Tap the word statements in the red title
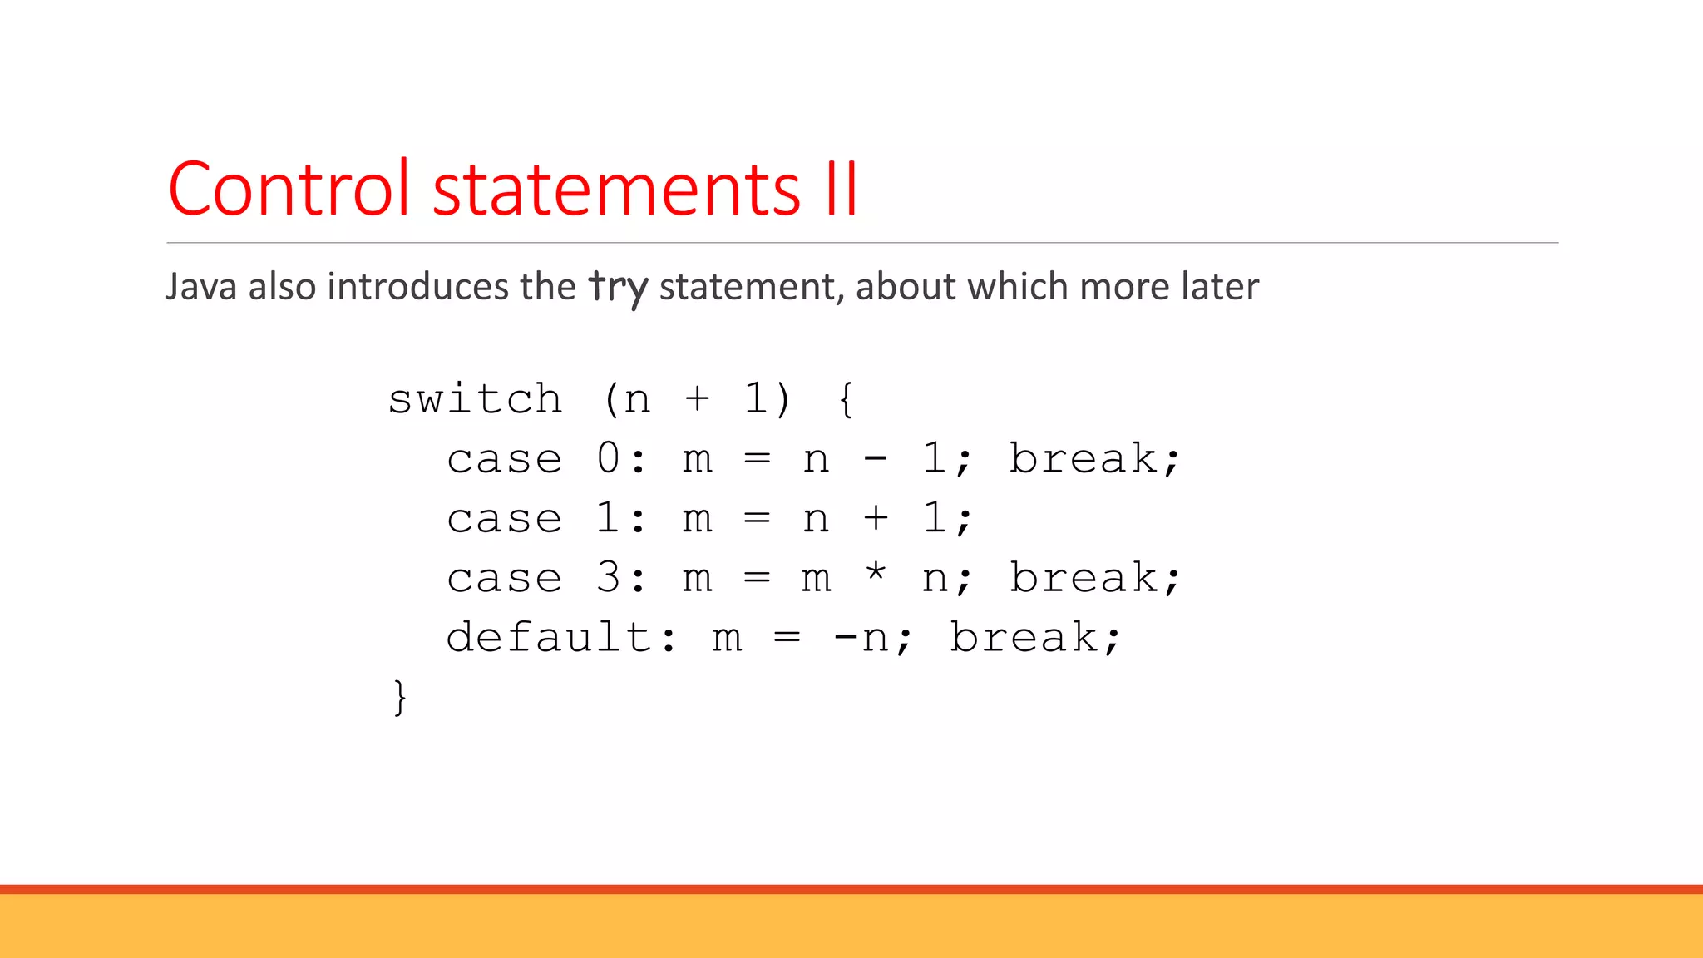tap(616, 190)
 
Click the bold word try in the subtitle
tap(618, 288)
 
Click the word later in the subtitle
tap(1218, 287)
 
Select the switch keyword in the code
tap(475, 399)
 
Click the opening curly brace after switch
tap(846, 399)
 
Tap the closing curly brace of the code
tap(400, 697)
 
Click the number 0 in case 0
tap(608, 458)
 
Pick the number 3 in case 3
tap(608, 578)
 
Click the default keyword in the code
tap(549, 638)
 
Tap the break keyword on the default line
tap(1024, 638)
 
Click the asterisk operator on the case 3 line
tap(876, 573)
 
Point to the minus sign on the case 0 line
tap(876, 458)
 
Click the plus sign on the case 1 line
tap(876, 518)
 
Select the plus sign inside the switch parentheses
tap(697, 399)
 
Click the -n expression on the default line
tap(860, 638)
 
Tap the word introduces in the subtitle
tap(417, 287)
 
